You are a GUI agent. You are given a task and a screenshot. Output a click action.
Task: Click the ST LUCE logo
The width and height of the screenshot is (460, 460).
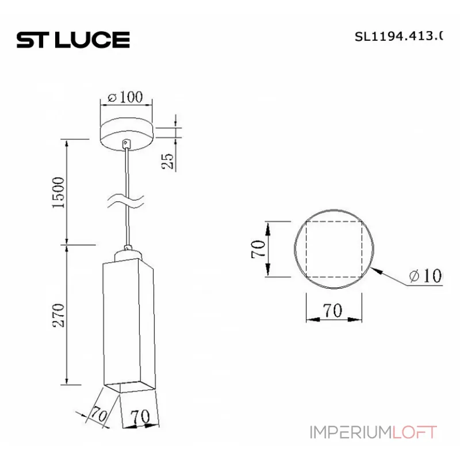tap(73, 40)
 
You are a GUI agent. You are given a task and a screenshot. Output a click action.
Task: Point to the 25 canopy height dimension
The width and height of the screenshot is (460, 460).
tap(167, 160)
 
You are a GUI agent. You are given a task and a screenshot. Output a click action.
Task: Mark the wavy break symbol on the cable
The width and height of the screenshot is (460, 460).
tap(126, 201)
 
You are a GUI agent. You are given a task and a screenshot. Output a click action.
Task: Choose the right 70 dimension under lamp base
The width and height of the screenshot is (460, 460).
tap(140, 416)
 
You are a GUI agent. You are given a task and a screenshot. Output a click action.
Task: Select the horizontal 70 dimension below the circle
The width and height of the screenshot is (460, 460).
tap(332, 311)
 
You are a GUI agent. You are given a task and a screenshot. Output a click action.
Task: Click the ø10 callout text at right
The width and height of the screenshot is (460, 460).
tap(426, 277)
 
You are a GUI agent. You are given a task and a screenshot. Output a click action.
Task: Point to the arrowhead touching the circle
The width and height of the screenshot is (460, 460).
tap(377, 270)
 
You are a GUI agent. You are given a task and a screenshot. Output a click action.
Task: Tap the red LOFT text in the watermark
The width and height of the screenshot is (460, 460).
tap(415, 431)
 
